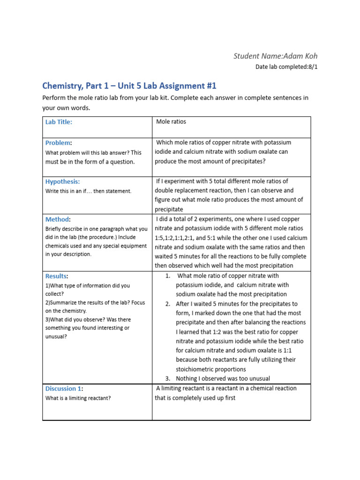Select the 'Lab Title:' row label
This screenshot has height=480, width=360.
(x=59, y=122)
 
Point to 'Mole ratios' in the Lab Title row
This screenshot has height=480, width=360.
(x=171, y=121)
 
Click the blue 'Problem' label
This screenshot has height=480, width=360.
(x=58, y=142)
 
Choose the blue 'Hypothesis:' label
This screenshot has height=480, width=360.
(x=62, y=181)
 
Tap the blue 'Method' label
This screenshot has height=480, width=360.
(x=57, y=219)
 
